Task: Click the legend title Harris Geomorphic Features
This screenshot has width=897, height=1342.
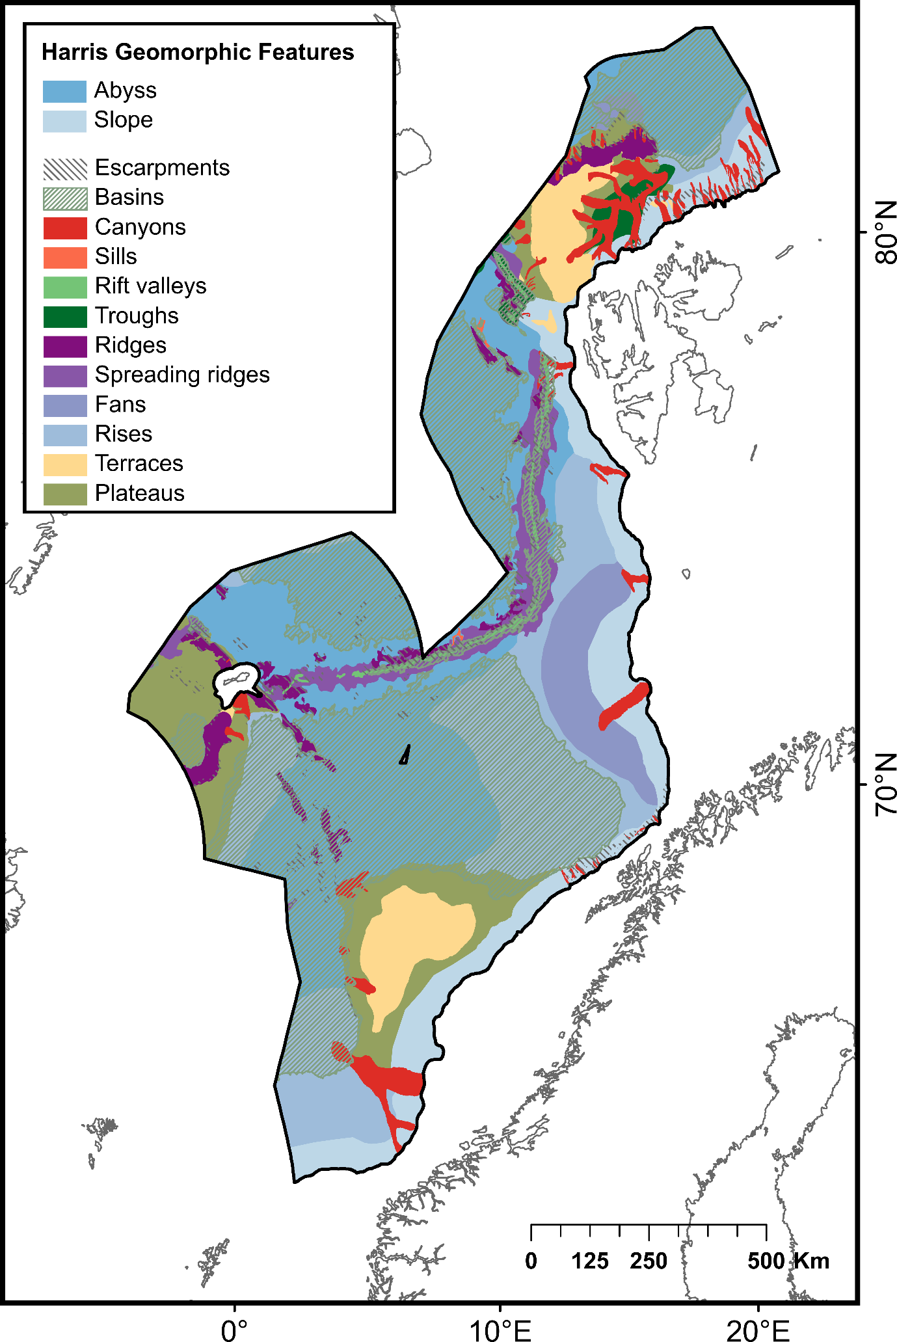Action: coord(198,52)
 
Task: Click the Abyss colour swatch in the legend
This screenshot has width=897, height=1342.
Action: coord(64,91)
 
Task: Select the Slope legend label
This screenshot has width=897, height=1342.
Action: coord(124,120)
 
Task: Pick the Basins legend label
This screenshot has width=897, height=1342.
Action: coord(129,197)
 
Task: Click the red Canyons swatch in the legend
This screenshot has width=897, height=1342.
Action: coord(64,228)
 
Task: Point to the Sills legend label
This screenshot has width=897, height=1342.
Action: coord(116,256)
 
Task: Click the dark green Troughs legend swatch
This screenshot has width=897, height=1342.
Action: coord(64,317)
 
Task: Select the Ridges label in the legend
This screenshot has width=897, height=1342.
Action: coord(131,345)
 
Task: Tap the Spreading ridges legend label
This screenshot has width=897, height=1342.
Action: coord(182,375)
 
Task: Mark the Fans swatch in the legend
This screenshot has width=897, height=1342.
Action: coord(64,405)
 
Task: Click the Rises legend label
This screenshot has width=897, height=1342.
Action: coord(124,434)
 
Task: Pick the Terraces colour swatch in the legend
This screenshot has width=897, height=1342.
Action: coord(64,464)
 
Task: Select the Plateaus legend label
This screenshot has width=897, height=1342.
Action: coord(140,493)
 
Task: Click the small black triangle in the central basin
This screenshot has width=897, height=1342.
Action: coord(405,755)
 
